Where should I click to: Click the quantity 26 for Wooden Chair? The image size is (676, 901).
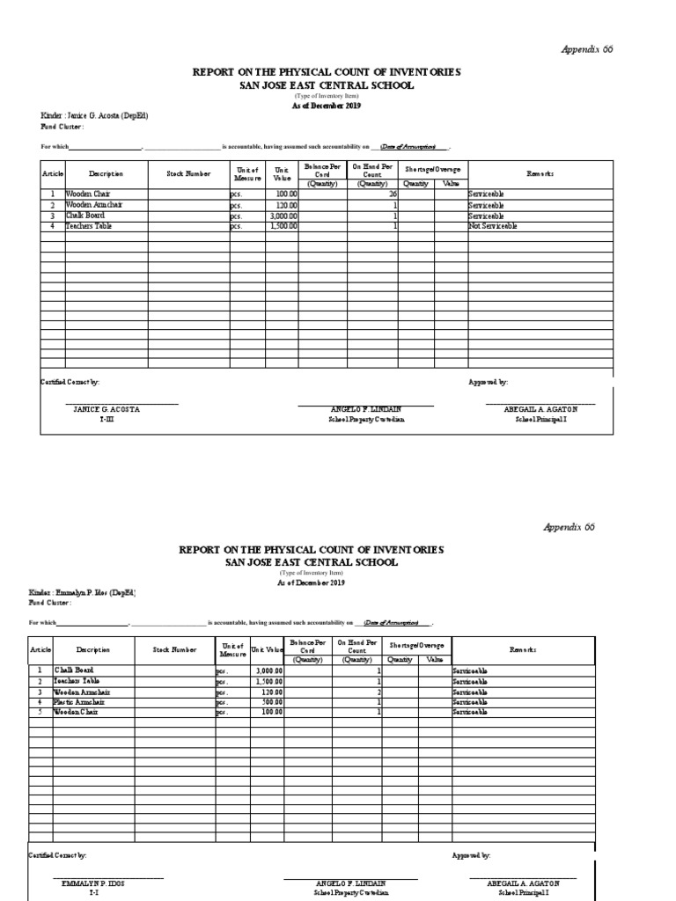pos(393,194)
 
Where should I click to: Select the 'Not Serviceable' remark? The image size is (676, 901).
pos(493,226)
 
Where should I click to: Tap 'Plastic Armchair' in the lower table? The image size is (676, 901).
pos(82,702)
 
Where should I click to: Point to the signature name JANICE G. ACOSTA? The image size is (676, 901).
pos(107,410)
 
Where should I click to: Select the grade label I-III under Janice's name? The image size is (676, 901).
pos(106,420)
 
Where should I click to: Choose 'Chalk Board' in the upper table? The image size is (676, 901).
pos(84,216)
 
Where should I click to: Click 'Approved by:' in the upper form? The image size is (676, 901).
pos(488,383)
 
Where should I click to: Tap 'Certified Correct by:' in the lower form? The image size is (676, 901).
pos(58,855)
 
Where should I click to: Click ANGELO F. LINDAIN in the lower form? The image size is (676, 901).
pos(350,883)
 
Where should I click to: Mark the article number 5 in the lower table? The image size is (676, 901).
pos(40,712)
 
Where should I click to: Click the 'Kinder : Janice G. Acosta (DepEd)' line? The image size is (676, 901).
pos(94,116)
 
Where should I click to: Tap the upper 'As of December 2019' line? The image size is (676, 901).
pos(326,106)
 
